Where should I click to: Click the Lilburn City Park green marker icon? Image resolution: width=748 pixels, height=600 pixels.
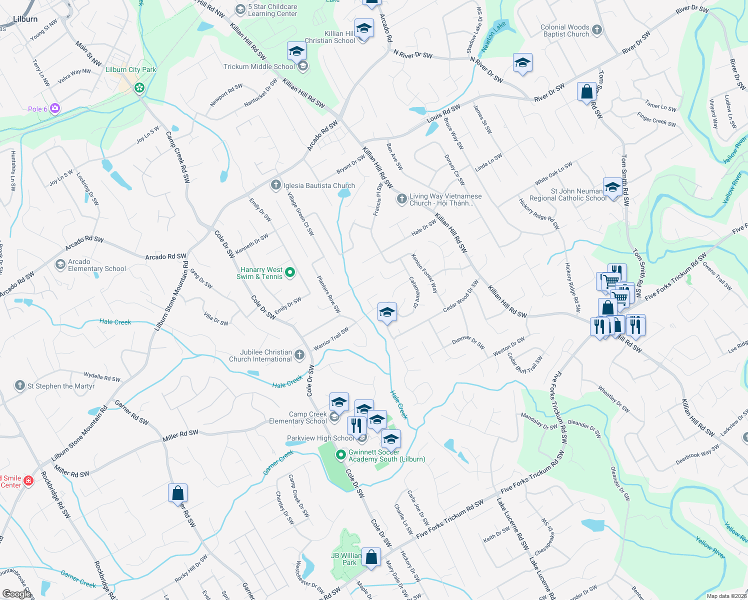pyautogui.click(x=139, y=88)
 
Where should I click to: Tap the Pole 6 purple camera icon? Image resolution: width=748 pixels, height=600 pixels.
pyautogui.click(x=55, y=108)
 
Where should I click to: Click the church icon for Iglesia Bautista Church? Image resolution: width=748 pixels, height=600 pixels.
pyautogui.click(x=275, y=185)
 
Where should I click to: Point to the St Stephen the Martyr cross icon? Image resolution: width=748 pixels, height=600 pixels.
pyautogui.click(x=19, y=385)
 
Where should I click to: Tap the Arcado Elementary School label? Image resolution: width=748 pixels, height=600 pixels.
pyautogui.click(x=96, y=265)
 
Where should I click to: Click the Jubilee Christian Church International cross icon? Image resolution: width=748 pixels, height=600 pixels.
pyautogui.click(x=299, y=355)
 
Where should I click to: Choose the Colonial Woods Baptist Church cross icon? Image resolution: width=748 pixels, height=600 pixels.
pyautogui.click(x=597, y=30)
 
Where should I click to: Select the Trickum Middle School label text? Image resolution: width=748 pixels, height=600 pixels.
pyautogui.click(x=259, y=66)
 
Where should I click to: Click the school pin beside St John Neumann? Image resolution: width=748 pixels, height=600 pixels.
pyautogui.click(x=612, y=188)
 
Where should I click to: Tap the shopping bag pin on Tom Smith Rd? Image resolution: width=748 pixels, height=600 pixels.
pyautogui.click(x=586, y=92)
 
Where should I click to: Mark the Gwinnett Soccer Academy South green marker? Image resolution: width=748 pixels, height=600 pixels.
pyautogui.click(x=341, y=455)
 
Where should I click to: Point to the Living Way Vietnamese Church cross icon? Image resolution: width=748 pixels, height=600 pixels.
pyautogui.click(x=401, y=199)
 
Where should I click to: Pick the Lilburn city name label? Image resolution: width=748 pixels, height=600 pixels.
pyautogui.click(x=25, y=19)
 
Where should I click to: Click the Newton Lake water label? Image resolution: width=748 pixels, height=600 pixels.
pyautogui.click(x=493, y=36)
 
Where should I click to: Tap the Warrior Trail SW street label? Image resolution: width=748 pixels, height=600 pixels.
pyautogui.click(x=331, y=339)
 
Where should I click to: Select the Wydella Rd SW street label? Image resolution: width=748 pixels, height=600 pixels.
pyautogui.click(x=102, y=377)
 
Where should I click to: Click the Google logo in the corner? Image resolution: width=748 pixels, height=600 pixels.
pyautogui.click(x=17, y=593)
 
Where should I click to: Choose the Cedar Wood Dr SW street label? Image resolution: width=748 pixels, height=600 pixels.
pyautogui.click(x=460, y=296)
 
